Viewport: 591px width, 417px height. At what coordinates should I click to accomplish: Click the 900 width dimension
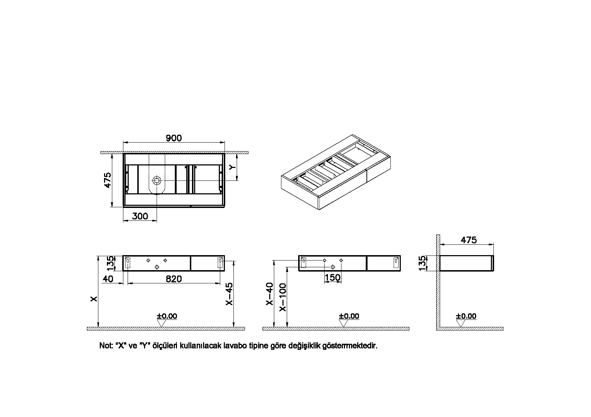click(x=174, y=138)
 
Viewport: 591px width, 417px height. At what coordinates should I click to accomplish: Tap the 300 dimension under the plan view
click(x=140, y=216)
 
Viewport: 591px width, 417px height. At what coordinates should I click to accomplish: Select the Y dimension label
click(x=232, y=167)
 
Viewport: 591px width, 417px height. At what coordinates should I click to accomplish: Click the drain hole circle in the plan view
click(x=157, y=181)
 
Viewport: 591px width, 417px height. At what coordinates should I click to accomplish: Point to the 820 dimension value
click(x=174, y=279)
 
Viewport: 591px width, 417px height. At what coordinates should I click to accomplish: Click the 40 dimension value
click(x=108, y=279)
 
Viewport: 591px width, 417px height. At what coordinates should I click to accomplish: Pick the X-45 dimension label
click(x=229, y=294)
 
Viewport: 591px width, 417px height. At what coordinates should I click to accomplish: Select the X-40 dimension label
click(x=269, y=294)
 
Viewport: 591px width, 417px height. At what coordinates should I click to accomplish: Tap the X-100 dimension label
click(x=282, y=297)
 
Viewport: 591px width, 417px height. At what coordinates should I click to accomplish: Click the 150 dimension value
click(x=333, y=278)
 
